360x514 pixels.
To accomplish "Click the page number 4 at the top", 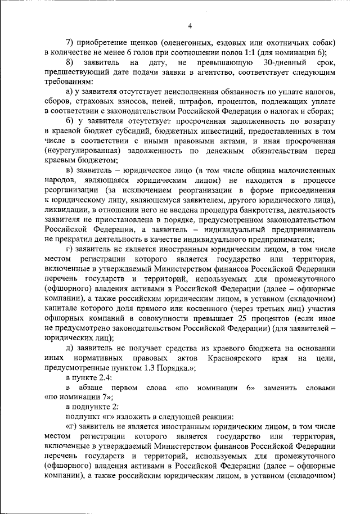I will pos(190,25).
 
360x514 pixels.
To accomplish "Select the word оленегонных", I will pos(191,42).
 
